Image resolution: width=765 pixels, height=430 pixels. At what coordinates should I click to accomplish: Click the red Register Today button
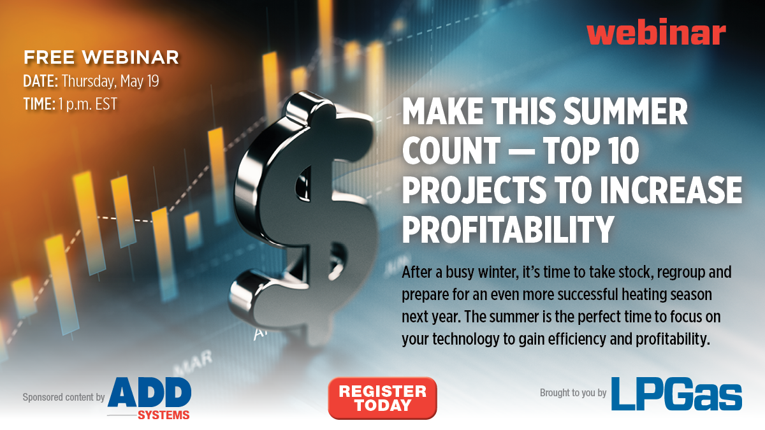(382, 398)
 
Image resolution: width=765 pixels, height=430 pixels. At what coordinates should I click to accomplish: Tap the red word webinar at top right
(656, 31)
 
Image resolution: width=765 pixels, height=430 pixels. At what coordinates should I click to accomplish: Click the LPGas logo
(676, 394)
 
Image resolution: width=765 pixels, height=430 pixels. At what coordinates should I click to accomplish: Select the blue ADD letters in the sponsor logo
(150, 392)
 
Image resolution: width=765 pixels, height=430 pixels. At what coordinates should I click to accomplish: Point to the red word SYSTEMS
(164, 415)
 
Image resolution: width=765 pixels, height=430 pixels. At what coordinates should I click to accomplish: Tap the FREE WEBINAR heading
(101, 57)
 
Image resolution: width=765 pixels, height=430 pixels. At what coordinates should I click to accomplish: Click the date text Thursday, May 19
(110, 82)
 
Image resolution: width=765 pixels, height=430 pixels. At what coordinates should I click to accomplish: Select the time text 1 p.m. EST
(88, 104)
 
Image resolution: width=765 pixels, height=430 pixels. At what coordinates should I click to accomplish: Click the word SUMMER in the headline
(625, 111)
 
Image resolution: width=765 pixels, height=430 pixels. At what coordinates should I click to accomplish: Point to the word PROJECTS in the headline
(474, 190)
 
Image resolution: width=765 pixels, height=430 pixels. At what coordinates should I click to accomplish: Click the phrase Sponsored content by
(64, 398)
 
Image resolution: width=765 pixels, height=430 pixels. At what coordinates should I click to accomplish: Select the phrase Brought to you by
(573, 393)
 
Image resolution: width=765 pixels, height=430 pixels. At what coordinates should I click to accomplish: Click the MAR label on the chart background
(193, 362)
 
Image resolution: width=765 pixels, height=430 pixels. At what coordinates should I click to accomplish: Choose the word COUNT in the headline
(451, 150)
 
